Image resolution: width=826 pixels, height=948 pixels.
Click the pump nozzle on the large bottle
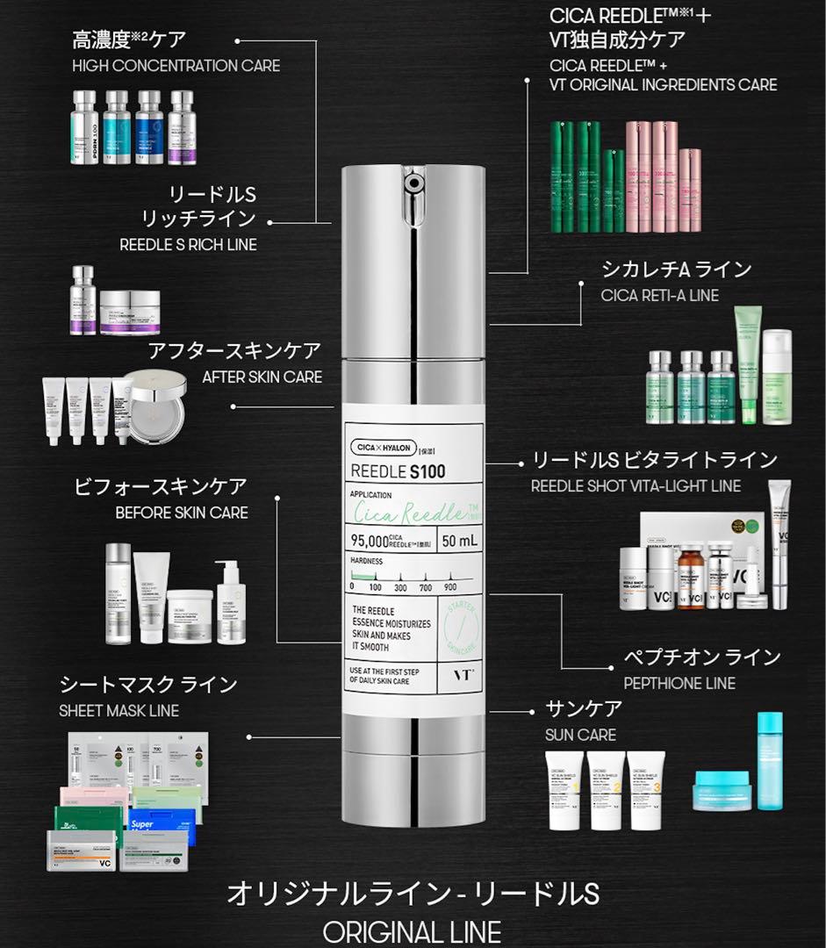[x=412, y=184]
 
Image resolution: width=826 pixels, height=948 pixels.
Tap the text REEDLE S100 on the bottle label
[x=398, y=471]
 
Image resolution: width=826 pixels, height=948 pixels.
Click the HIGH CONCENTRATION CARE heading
[x=176, y=66]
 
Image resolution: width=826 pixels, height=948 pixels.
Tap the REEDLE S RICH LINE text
[x=189, y=245]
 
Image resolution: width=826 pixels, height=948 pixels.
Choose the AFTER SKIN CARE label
[x=262, y=377]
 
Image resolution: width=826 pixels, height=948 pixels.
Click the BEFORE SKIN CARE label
[x=182, y=513]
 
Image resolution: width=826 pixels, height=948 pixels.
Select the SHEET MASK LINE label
[x=119, y=710]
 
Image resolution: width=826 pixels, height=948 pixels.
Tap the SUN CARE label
[x=580, y=735]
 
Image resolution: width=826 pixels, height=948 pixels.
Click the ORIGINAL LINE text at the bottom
[x=412, y=931]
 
